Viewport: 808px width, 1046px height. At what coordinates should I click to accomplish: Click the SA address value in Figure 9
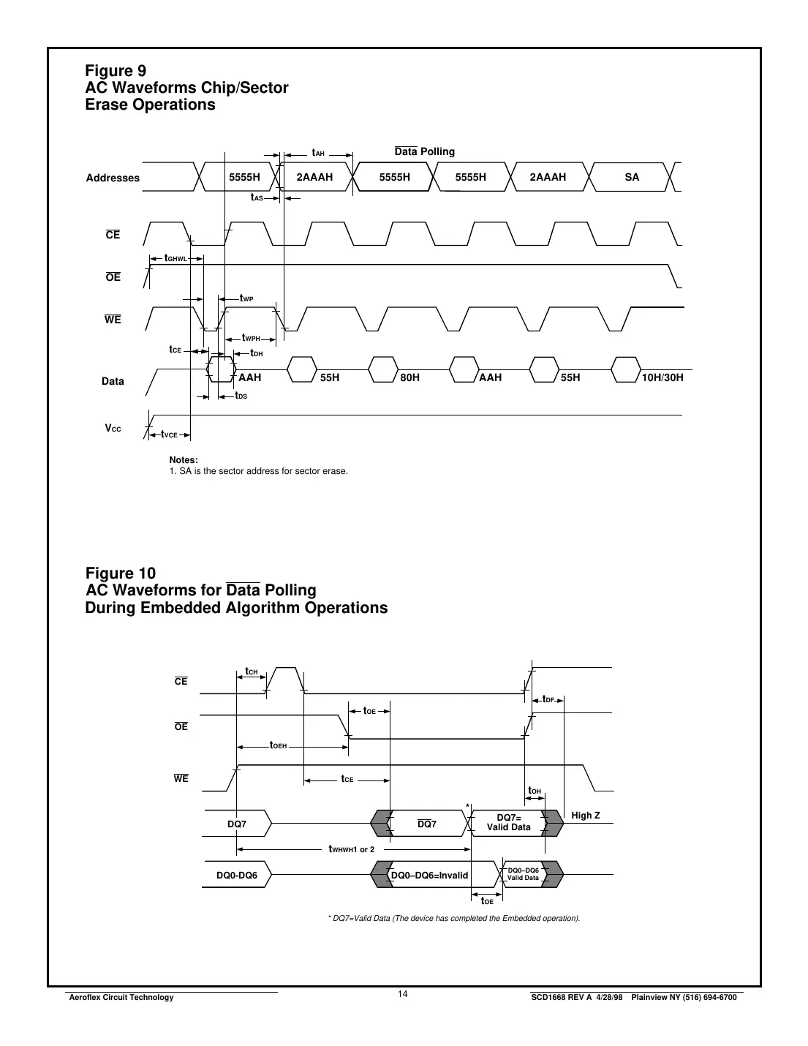click(632, 177)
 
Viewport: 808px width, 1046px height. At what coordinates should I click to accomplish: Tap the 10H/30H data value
click(662, 377)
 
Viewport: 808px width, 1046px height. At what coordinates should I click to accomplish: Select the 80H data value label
click(410, 377)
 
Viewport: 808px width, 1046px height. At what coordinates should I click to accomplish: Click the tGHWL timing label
click(175, 258)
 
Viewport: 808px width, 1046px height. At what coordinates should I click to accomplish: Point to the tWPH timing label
click(252, 338)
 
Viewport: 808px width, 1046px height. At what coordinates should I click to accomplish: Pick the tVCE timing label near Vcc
click(170, 434)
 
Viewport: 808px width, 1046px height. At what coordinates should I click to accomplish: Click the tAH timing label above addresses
click(318, 153)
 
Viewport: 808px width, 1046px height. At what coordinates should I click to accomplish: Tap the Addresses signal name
click(113, 178)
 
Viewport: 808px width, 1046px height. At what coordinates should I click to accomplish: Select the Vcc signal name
click(113, 428)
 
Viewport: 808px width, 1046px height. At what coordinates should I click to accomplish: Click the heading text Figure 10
click(121, 573)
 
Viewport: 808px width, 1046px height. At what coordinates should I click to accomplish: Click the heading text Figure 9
click(116, 70)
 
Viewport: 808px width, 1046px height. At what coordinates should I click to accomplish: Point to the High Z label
click(585, 815)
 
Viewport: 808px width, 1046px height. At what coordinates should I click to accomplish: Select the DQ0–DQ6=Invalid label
click(430, 875)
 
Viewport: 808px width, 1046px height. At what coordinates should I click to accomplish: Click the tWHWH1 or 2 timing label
click(352, 849)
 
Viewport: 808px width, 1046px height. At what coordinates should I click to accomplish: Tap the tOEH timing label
click(279, 745)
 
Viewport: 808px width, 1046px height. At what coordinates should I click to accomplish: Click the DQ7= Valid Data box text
click(509, 822)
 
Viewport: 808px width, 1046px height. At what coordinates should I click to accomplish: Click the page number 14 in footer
click(403, 993)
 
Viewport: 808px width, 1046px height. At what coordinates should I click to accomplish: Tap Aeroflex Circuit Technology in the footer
click(121, 997)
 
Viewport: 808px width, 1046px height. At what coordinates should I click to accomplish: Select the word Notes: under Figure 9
click(184, 459)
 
